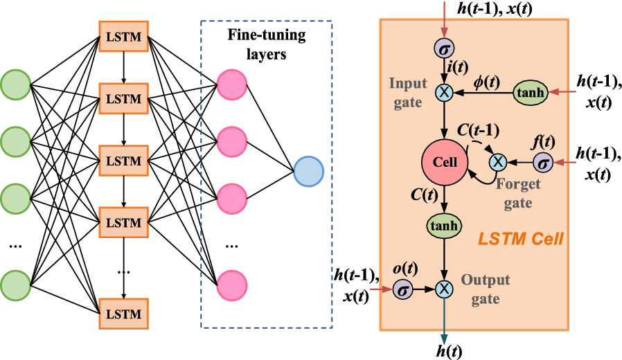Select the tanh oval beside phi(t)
point(531,92)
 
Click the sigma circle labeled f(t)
point(544,163)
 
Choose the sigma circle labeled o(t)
point(402,288)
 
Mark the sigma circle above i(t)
point(443,48)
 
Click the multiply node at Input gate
point(443,91)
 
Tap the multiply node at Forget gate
point(497,163)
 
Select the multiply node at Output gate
point(443,288)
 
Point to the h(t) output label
point(444,350)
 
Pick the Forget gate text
point(513,195)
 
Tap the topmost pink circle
point(231,84)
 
